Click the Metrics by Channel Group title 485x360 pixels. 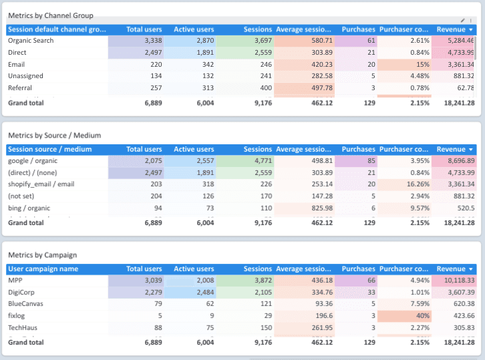51,15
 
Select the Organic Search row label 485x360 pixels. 31,41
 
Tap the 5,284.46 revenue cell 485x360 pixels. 456,41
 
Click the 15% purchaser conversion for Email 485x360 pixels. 421,64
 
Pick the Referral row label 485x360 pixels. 20,87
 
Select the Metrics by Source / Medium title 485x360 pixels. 54,136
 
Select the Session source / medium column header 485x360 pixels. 50,150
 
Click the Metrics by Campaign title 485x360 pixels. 42,255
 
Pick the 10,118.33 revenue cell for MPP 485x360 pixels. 456,281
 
